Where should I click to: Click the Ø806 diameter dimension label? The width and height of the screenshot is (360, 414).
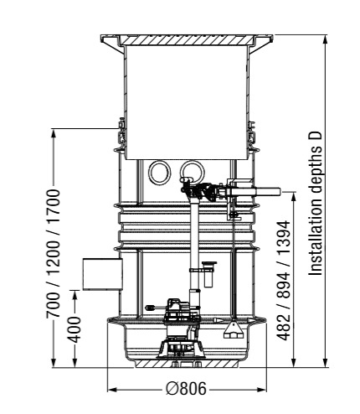coord(186,388)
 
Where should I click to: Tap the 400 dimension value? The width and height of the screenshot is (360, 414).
coord(75,329)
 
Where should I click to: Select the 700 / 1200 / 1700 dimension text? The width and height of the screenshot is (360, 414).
coord(53,253)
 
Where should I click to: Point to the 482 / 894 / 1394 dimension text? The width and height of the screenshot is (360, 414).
coord(283,281)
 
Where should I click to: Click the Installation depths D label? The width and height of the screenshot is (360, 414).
coord(316,203)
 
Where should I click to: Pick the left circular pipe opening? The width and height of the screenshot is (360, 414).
coord(159,172)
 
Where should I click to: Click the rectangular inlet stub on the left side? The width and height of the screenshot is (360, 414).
coord(102,274)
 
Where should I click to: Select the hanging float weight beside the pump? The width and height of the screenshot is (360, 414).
coord(233,329)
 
